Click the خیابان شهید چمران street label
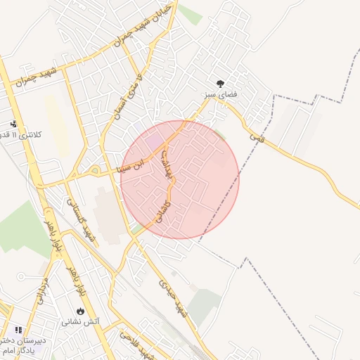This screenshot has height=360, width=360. click(x=145, y=34)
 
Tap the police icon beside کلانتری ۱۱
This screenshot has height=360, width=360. click(x=13, y=124)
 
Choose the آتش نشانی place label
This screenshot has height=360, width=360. click(x=81, y=322)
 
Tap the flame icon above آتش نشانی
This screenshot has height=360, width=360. click(x=80, y=311)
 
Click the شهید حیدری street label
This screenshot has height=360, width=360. click(x=174, y=297)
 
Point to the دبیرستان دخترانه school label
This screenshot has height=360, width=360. click(x=25, y=340)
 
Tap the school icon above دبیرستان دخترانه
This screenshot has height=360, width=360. click(x=18, y=329)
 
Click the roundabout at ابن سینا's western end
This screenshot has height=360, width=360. click(x=94, y=169)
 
